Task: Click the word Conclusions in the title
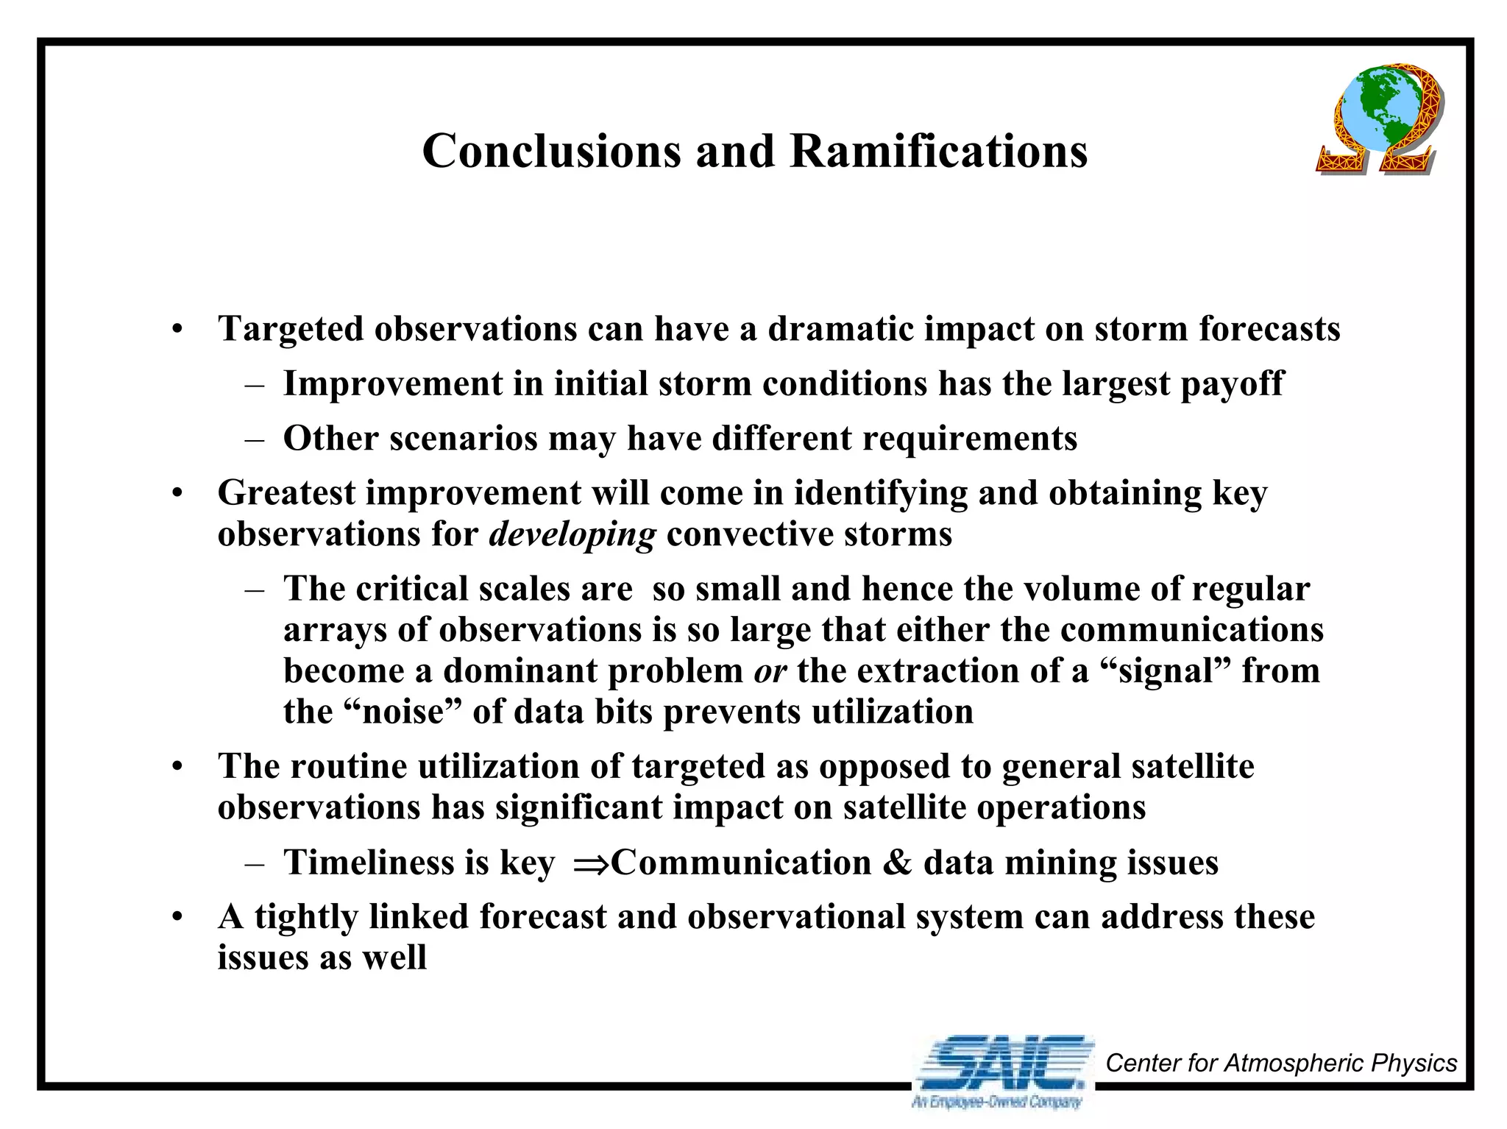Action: [552, 152]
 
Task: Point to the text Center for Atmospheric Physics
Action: [1281, 1063]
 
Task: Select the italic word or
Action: [770, 671]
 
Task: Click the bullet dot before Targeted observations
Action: [177, 330]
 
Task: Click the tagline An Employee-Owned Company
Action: [996, 1102]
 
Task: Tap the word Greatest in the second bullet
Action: [286, 493]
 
